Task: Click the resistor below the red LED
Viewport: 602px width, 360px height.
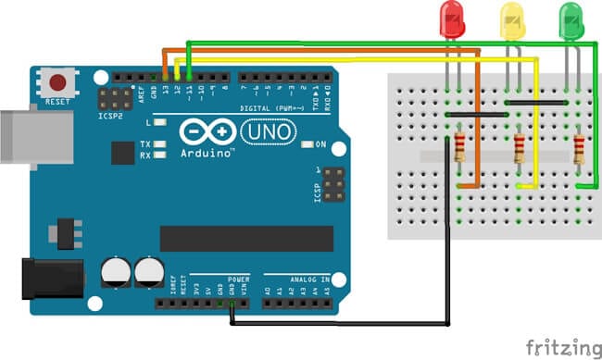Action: click(459, 146)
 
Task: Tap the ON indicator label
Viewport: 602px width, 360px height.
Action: click(321, 144)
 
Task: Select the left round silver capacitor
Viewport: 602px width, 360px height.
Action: click(116, 272)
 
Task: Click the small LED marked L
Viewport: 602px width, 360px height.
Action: click(161, 122)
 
